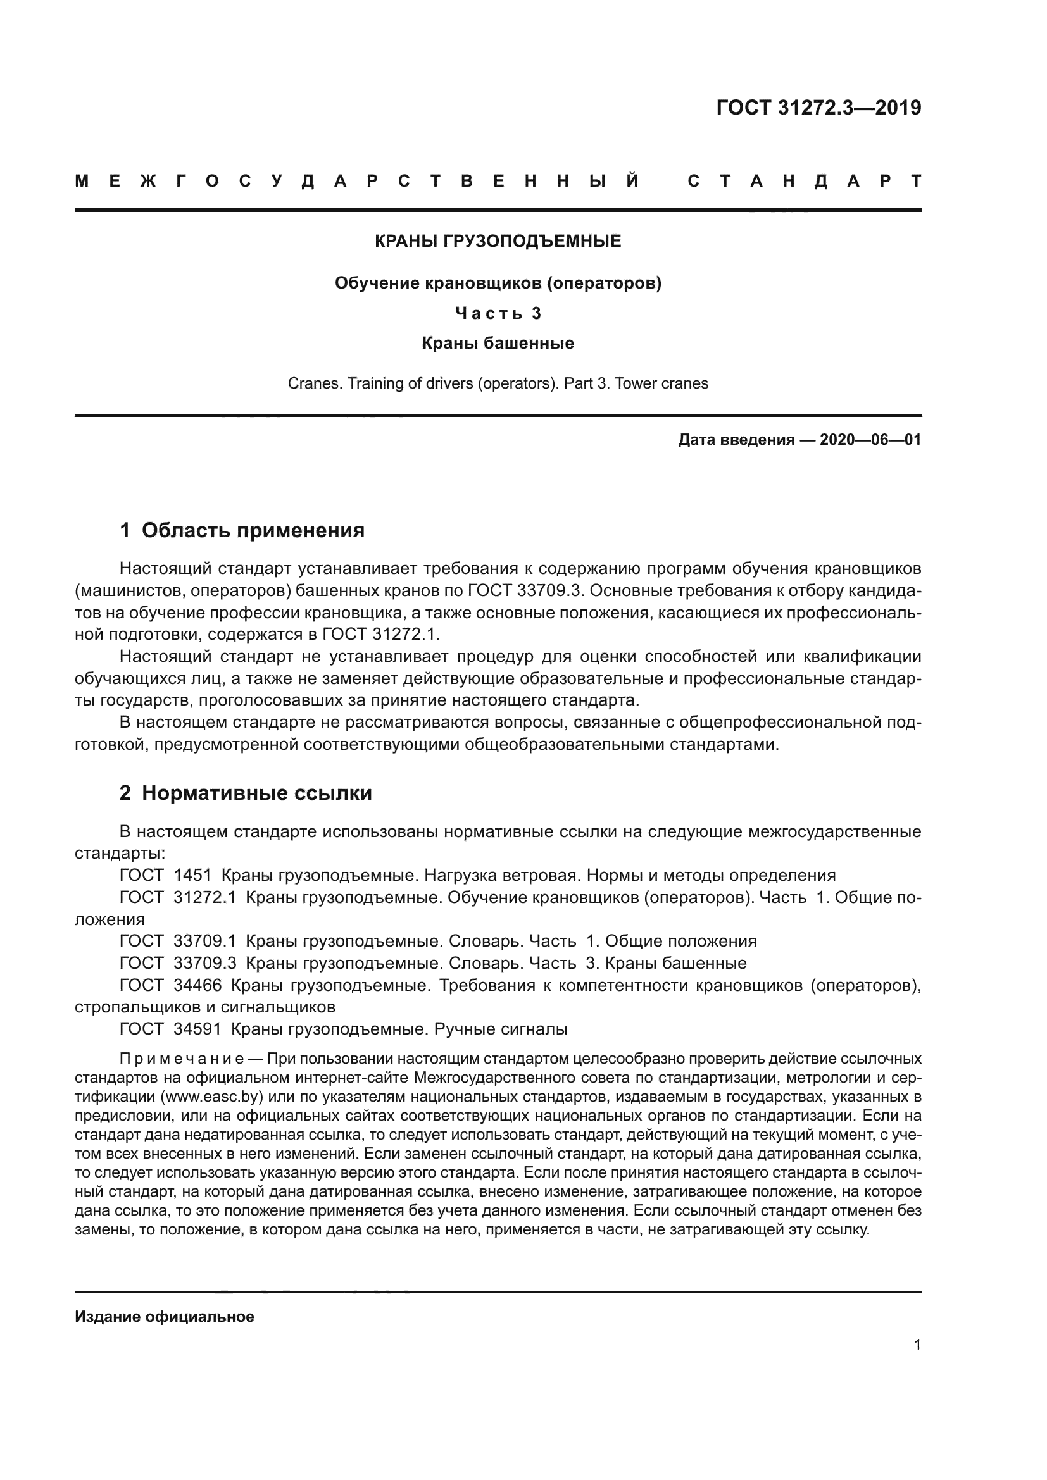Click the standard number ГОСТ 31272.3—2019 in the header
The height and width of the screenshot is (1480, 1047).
(818, 108)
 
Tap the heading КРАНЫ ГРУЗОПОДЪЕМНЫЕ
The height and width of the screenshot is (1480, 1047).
(498, 241)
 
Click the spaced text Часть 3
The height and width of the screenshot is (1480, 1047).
(498, 313)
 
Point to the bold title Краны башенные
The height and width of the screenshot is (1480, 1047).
(498, 343)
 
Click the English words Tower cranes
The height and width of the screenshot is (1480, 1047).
(661, 383)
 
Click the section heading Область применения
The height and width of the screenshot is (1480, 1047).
(253, 530)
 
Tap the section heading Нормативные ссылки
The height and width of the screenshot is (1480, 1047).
(256, 793)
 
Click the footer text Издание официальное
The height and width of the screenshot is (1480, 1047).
(165, 1316)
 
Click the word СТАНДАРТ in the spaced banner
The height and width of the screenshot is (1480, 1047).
(805, 181)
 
